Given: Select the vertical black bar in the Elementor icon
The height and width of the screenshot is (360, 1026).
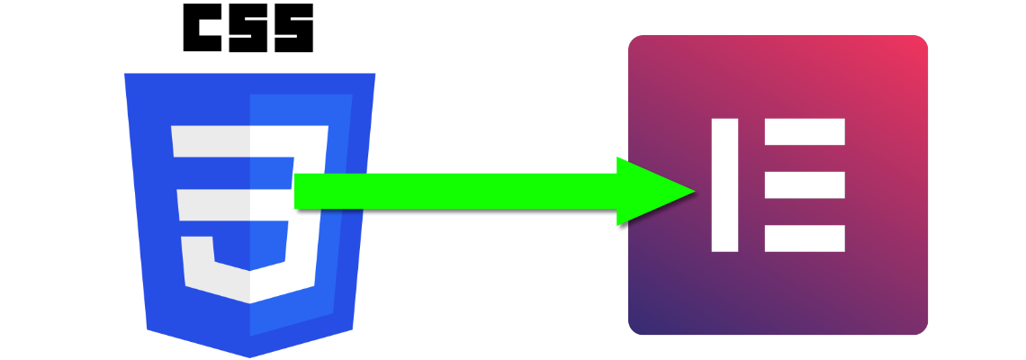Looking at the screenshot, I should [x=724, y=184].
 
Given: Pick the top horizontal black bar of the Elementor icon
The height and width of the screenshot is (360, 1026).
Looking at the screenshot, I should [x=805, y=131].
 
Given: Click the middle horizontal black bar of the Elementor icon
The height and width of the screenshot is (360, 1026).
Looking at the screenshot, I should [x=805, y=184].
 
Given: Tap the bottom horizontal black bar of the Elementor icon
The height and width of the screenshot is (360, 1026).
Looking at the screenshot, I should [x=805, y=238].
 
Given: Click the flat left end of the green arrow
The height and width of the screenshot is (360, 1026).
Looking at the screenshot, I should [x=297, y=191].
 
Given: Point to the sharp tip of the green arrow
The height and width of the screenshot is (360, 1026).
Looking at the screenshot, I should [x=695, y=191].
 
